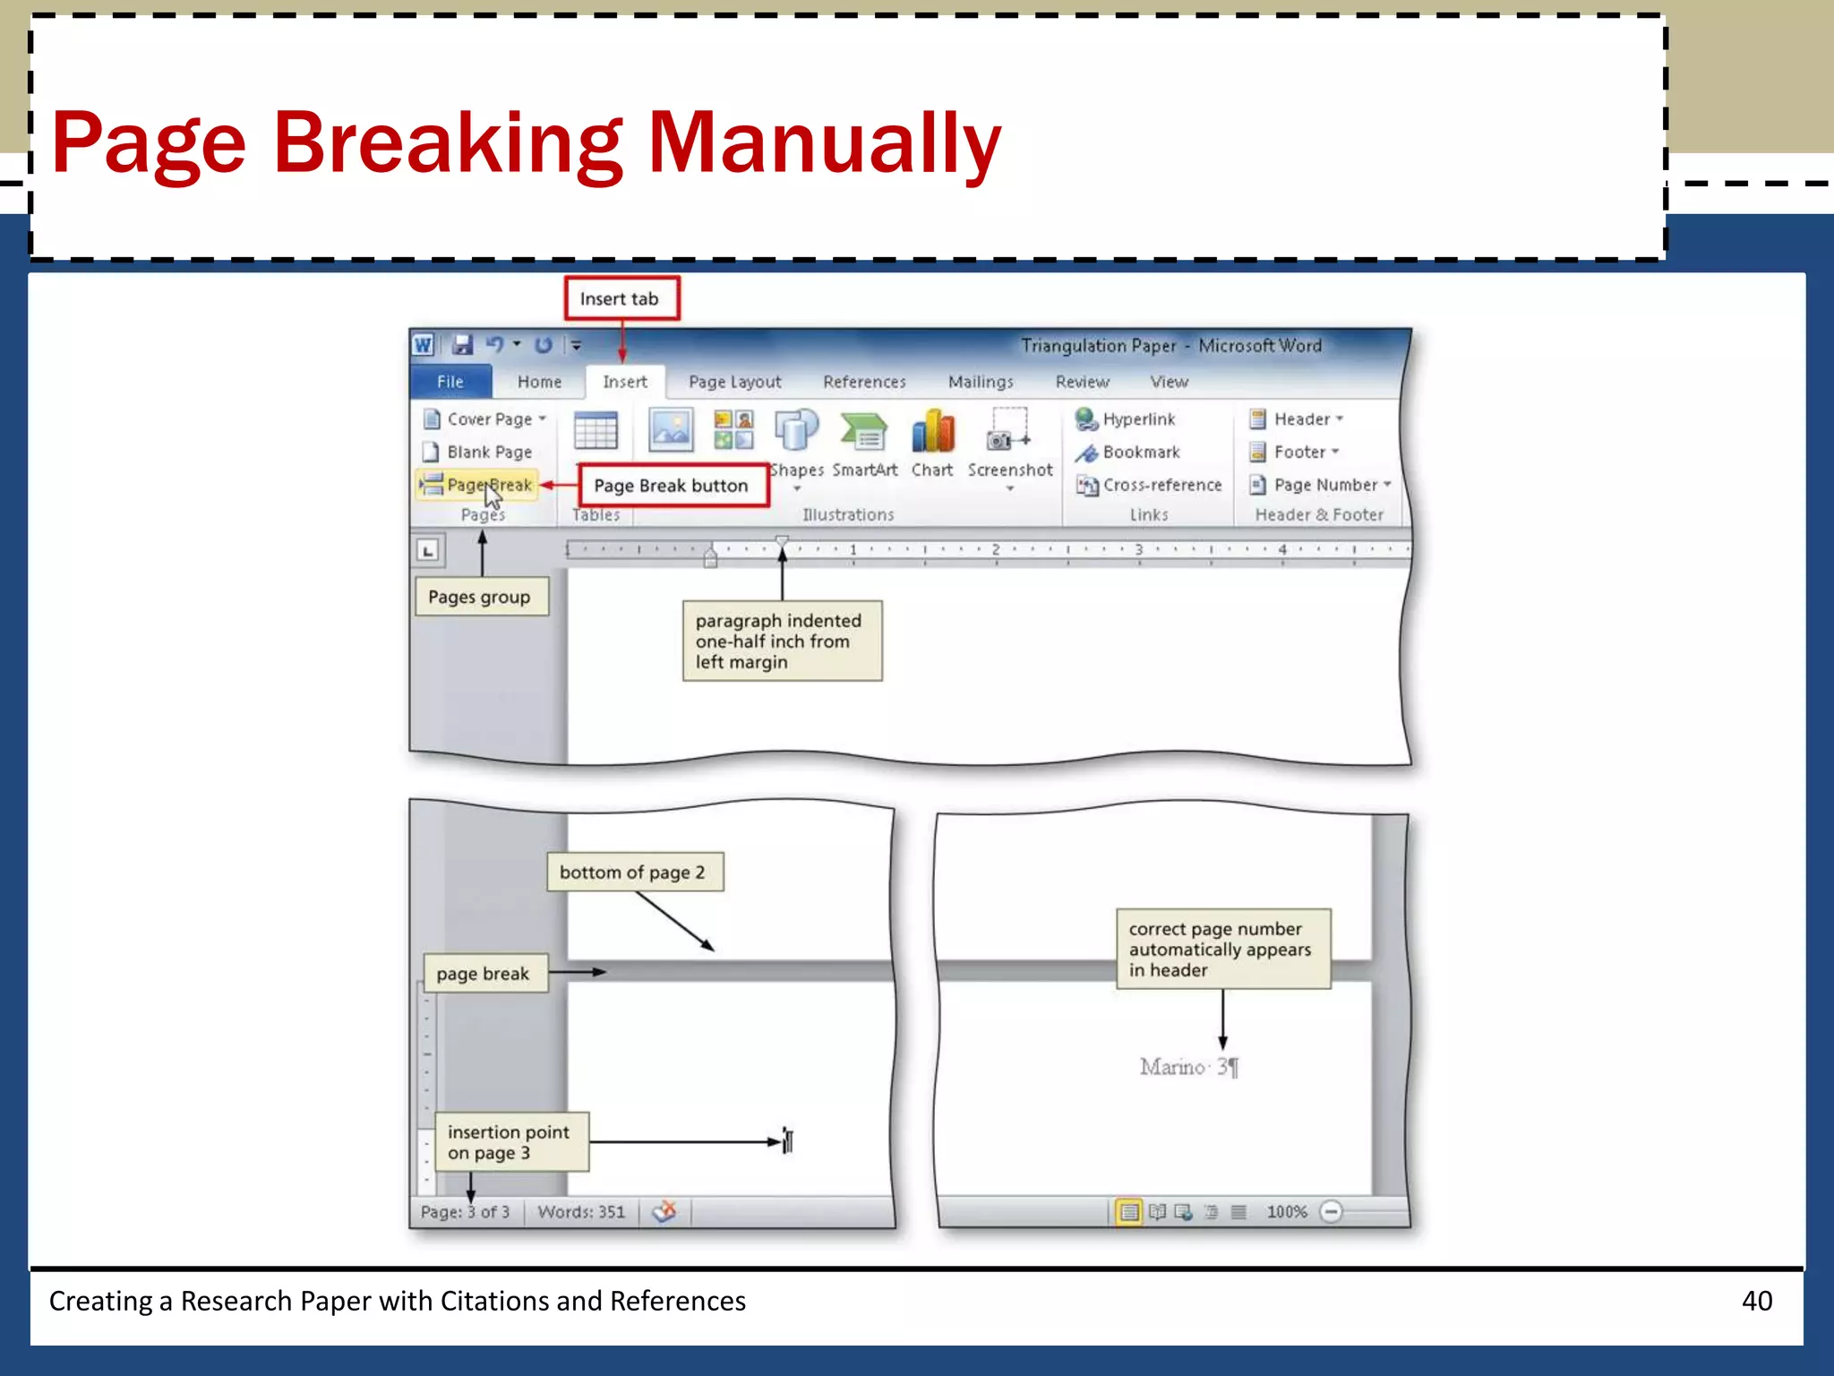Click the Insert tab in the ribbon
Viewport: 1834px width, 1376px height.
(624, 382)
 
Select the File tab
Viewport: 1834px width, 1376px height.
(450, 382)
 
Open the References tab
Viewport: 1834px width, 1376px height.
(864, 382)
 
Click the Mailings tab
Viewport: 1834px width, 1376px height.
(981, 382)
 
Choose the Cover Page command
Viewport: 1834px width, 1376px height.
(484, 419)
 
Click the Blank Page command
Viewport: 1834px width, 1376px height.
(479, 452)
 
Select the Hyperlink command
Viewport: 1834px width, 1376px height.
(1127, 419)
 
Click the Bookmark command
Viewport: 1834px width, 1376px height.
(1129, 452)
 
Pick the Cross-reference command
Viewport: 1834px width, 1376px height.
(1150, 486)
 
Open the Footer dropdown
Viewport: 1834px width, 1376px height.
(1296, 452)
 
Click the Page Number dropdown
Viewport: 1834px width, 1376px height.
(1321, 486)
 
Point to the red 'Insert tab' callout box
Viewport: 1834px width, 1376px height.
(620, 299)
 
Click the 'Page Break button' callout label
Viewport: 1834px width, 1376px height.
(672, 486)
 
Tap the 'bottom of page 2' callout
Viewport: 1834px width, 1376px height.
(633, 873)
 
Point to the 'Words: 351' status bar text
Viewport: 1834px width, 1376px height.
(581, 1212)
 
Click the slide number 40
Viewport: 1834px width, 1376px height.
(1756, 1301)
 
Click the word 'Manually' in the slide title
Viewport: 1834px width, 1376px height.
(824, 143)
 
